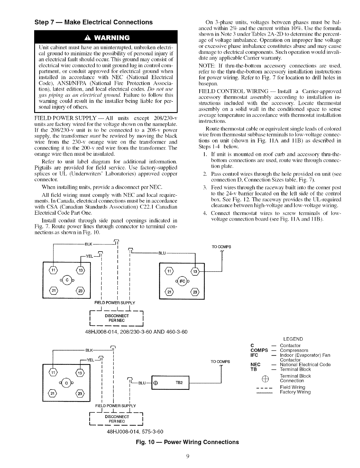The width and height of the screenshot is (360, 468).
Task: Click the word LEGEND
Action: pos(293,339)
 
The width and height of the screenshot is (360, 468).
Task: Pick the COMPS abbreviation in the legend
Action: pos(259,350)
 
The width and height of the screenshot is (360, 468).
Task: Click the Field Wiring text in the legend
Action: pos(293,387)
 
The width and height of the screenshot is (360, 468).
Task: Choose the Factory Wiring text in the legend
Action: pos(295,392)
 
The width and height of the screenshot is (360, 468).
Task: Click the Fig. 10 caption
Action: pos(187,442)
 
